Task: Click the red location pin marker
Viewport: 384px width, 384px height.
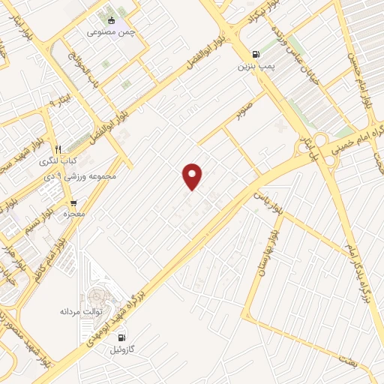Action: click(x=193, y=175)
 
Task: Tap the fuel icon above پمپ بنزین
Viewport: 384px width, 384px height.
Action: click(x=257, y=54)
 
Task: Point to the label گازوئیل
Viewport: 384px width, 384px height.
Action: click(x=122, y=350)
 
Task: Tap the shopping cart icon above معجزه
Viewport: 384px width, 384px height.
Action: click(x=73, y=202)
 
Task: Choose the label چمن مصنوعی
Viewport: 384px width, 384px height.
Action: click(x=110, y=32)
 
